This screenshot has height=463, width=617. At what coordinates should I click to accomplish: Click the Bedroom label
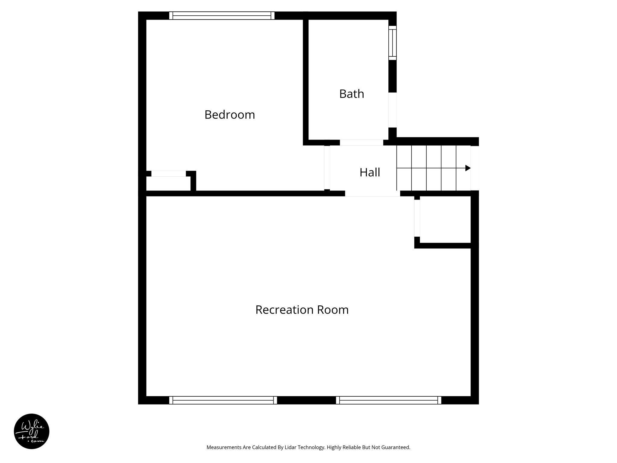coord(230,115)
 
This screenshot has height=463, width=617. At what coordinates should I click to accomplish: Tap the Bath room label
coord(352,94)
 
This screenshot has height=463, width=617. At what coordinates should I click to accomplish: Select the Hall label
coord(370,172)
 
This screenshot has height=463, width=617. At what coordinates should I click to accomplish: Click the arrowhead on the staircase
coord(468,168)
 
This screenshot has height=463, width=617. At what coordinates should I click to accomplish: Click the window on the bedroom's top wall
coord(222,16)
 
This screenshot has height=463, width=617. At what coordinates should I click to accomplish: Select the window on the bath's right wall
coord(392,43)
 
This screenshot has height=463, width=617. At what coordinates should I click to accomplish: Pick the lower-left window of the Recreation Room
coord(223,400)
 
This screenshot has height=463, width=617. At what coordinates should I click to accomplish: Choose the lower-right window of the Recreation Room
coord(389,400)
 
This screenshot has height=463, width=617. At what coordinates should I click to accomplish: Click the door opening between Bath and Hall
coord(361,143)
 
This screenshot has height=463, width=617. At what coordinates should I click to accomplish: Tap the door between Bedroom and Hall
coord(327,168)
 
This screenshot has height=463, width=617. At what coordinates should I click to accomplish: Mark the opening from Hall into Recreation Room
coord(372,194)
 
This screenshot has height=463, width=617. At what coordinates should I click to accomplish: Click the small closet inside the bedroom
coord(168,184)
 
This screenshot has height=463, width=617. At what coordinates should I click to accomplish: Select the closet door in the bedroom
coord(168,174)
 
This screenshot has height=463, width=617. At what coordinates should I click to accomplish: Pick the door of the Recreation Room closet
coord(417,218)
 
